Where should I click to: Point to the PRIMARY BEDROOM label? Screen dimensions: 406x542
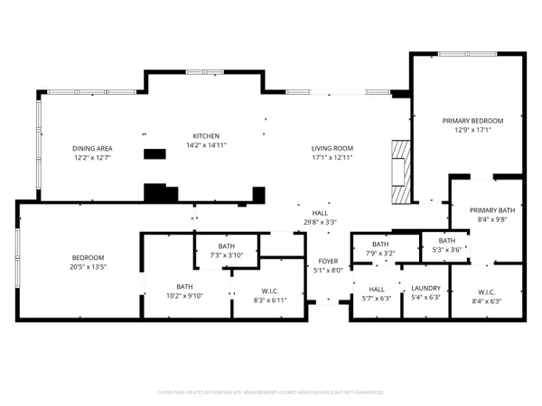(x=472, y=120)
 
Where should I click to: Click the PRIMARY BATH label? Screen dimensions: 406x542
(x=491, y=209)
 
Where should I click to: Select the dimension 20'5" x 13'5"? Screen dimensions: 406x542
(x=89, y=266)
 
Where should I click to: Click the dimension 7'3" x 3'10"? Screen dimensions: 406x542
(x=227, y=255)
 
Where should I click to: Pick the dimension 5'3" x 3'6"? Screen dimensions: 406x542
(x=446, y=249)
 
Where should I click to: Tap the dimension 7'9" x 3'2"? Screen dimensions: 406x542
(x=380, y=254)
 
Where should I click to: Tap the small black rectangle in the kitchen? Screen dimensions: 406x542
(x=156, y=154)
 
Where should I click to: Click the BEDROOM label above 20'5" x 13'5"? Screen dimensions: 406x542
(x=89, y=257)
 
